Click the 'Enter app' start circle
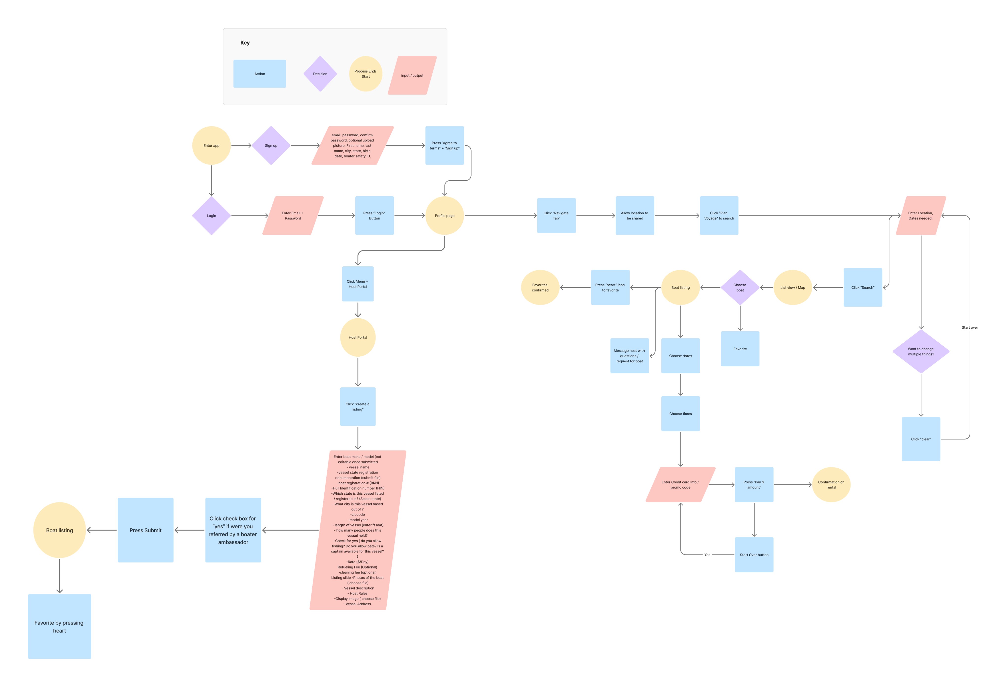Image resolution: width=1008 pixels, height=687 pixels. (211, 146)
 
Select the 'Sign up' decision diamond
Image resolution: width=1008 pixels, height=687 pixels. (271, 146)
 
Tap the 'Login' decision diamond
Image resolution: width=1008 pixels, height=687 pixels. (211, 215)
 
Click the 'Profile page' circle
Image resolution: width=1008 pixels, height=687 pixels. (445, 215)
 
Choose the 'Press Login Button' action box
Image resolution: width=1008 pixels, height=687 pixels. (374, 215)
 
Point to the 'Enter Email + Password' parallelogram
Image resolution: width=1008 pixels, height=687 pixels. (293, 215)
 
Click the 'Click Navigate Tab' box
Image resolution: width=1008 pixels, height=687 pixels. (556, 215)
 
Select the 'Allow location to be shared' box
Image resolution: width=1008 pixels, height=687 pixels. (635, 215)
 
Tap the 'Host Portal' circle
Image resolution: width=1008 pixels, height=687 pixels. (358, 337)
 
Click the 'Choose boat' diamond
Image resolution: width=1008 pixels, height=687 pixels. (740, 287)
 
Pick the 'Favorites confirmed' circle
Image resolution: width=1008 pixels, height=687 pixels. (540, 287)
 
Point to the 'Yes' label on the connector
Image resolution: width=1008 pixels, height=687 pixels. (707, 555)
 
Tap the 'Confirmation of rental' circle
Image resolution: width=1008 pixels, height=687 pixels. (831, 485)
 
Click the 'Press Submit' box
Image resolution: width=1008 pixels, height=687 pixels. (145, 530)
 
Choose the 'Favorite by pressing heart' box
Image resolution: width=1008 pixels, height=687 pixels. (59, 626)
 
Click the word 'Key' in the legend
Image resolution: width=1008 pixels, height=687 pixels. (245, 43)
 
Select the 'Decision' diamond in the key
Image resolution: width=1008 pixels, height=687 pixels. (320, 74)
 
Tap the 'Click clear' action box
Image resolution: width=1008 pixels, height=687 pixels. (921, 439)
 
